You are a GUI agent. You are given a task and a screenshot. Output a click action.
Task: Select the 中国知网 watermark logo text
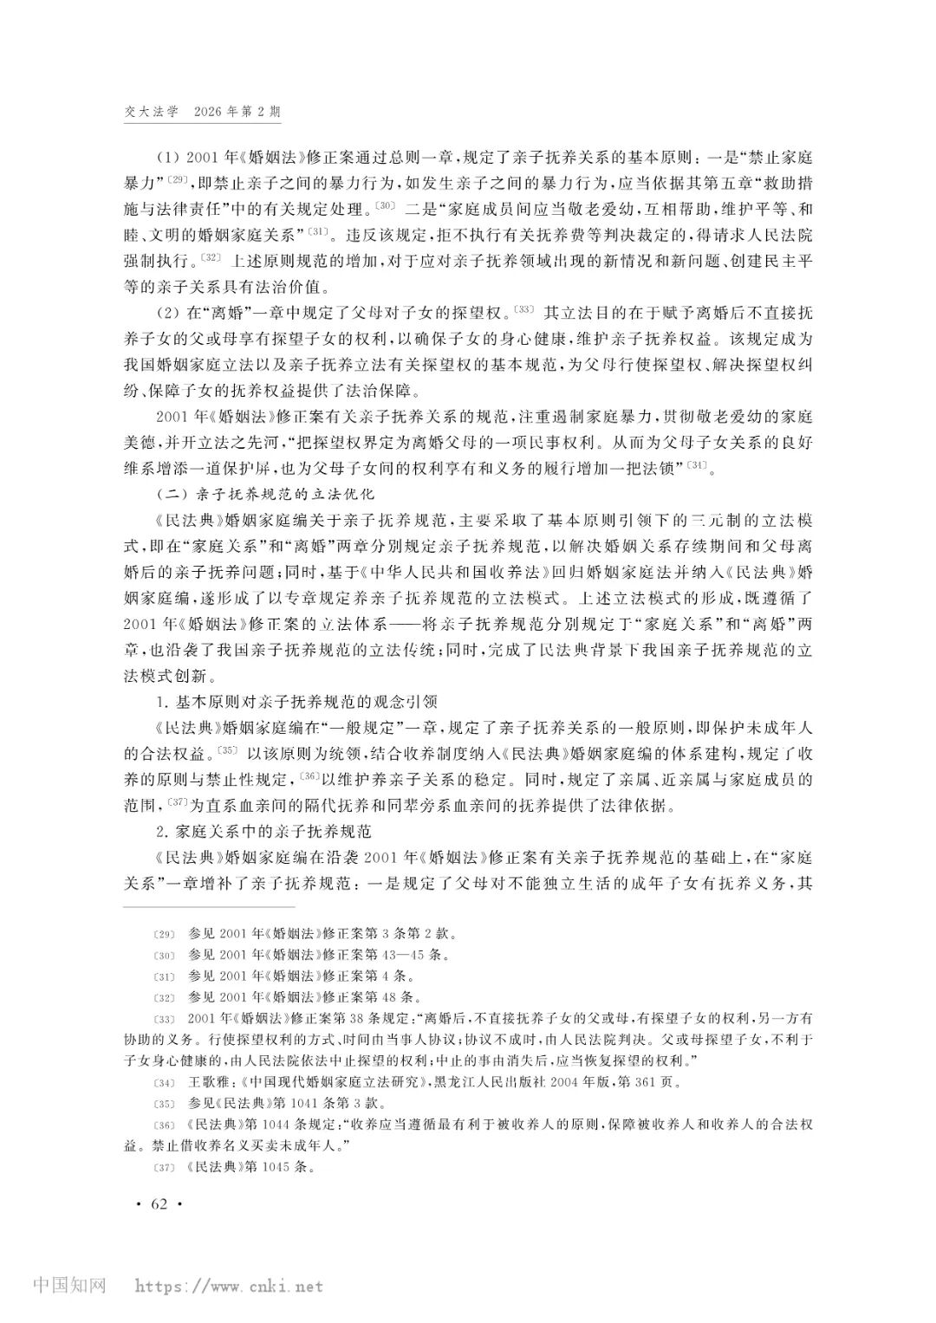[x=69, y=1286]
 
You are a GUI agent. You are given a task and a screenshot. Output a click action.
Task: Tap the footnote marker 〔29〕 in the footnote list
[x=163, y=934]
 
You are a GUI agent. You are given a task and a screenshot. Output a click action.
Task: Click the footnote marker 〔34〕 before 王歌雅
[x=163, y=1082]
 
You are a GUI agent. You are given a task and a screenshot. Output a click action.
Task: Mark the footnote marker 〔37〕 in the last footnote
[x=163, y=1166]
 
